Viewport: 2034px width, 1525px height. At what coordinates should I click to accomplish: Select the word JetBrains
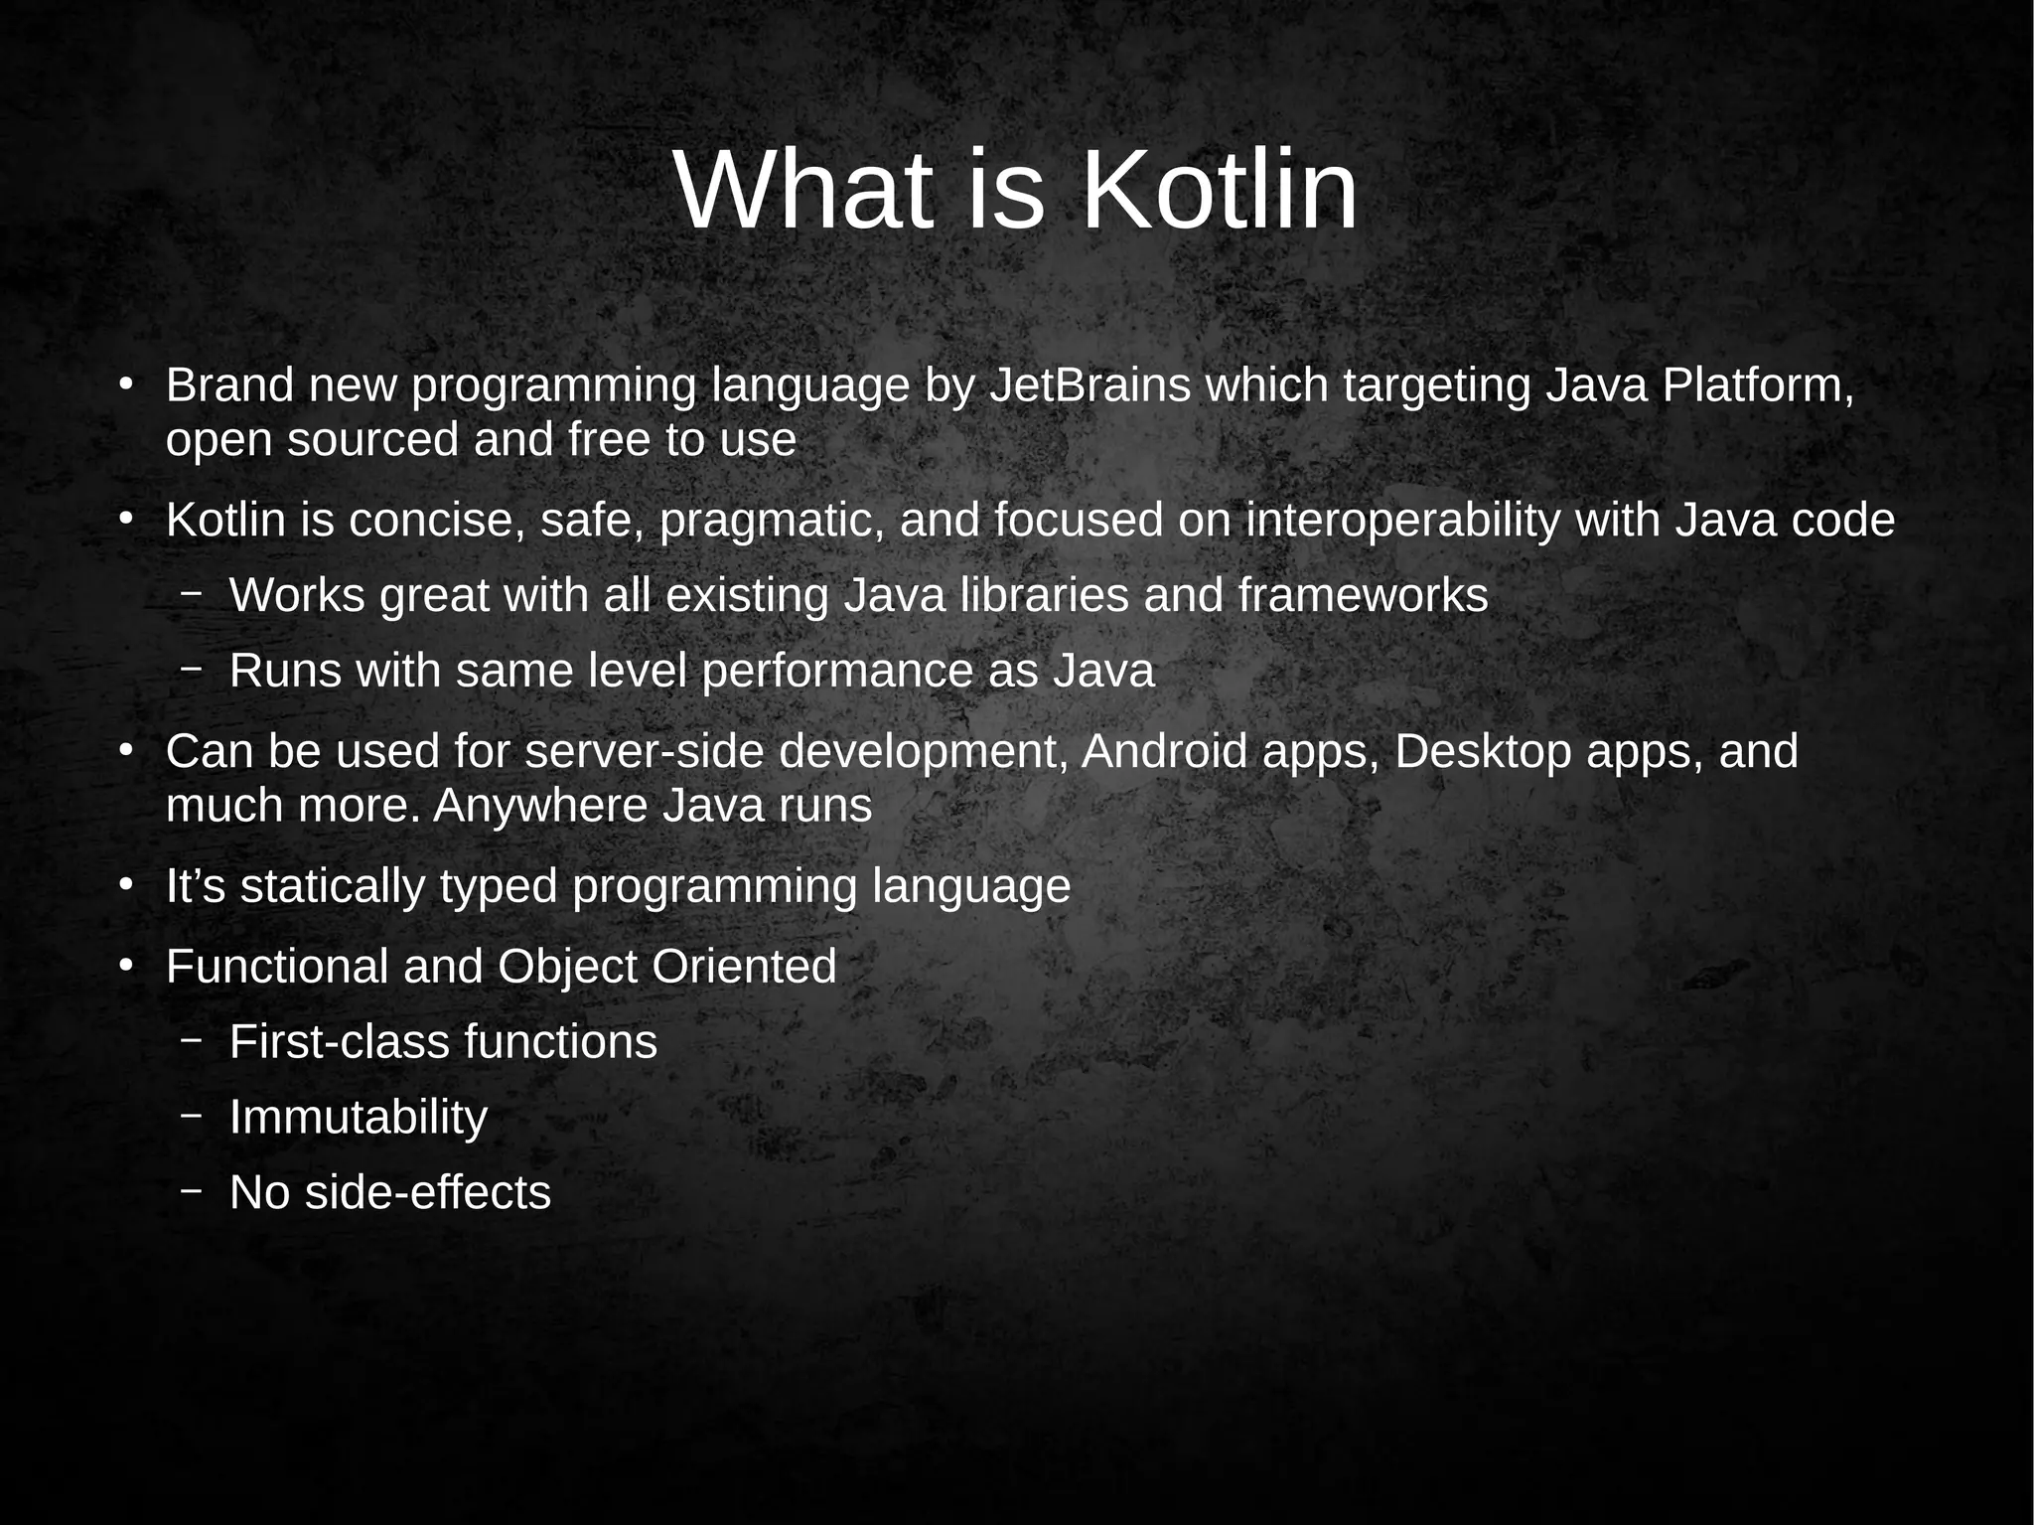click(1090, 385)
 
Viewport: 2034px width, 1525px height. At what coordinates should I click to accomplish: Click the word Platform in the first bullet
click(1757, 385)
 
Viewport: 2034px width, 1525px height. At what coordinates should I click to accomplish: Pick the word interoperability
click(1402, 521)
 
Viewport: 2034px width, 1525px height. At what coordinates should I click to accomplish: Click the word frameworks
click(1363, 596)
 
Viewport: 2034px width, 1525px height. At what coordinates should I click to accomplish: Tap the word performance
click(837, 672)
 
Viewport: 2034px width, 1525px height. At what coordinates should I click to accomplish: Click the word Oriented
click(744, 967)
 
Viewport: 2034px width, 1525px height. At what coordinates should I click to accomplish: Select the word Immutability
click(359, 1118)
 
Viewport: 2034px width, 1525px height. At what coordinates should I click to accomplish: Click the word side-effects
click(427, 1193)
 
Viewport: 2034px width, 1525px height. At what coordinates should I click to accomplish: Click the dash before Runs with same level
click(192, 670)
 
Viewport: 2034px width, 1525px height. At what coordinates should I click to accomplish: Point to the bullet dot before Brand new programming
click(125, 385)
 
